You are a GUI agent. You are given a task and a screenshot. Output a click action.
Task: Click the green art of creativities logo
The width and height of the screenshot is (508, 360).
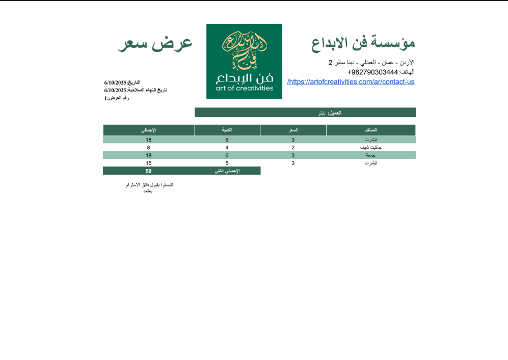coord(244,61)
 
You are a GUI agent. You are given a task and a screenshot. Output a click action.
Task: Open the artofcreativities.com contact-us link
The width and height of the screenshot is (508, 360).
coord(351,81)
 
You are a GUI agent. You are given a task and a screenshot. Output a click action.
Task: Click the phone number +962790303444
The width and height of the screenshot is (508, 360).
coord(372,72)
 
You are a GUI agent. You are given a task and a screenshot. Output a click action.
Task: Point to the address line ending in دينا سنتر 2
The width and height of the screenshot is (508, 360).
coord(371,63)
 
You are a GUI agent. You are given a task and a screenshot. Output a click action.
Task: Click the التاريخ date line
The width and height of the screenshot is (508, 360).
coord(122,82)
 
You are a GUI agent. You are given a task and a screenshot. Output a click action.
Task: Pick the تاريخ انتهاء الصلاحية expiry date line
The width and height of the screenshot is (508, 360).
coord(136,90)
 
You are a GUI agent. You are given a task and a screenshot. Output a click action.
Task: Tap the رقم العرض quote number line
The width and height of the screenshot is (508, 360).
coord(117,98)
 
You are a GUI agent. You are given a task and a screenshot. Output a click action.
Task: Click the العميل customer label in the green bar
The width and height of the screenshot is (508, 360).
coord(334,113)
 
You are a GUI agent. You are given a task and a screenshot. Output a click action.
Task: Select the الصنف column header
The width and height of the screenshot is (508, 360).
coord(370,130)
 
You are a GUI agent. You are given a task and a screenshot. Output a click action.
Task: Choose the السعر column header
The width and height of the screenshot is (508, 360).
coord(293,130)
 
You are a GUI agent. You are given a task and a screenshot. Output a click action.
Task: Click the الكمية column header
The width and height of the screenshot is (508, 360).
coord(227,130)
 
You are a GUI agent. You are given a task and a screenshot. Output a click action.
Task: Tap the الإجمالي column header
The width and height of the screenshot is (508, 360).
coord(148,130)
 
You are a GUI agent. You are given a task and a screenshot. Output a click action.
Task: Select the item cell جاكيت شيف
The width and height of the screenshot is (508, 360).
coord(371,147)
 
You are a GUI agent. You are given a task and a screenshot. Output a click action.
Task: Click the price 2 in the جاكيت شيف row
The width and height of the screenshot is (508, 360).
coord(293,147)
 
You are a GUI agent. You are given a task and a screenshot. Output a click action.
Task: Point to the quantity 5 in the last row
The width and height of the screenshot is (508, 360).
coord(227,163)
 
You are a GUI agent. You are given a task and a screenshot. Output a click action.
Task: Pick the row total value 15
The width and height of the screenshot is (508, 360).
coord(148,163)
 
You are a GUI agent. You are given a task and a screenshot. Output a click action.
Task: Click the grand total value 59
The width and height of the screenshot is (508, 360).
coord(148,171)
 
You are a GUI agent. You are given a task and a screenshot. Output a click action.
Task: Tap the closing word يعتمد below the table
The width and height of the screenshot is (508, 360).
coord(148,191)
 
